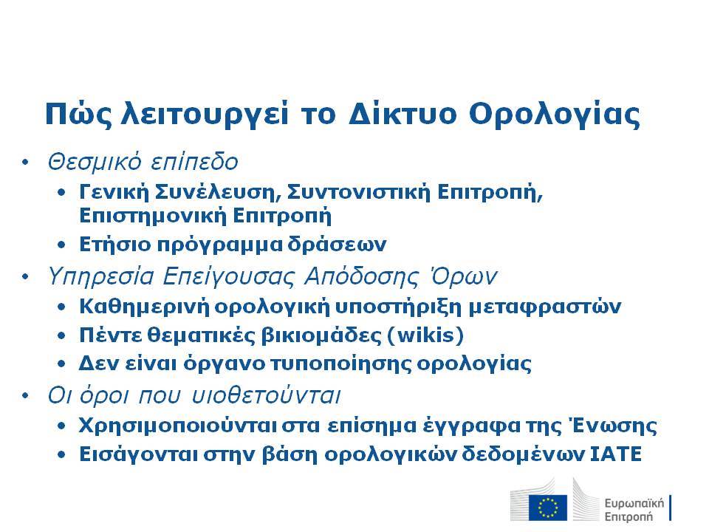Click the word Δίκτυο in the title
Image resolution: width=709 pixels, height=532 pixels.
pyautogui.click(x=403, y=113)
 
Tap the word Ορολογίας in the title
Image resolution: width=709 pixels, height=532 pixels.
pyautogui.click(x=555, y=114)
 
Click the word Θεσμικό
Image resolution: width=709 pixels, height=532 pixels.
pyautogui.click(x=95, y=162)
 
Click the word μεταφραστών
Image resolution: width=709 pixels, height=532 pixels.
pyautogui.click(x=544, y=307)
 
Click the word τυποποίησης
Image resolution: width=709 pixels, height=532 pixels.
pyautogui.click(x=341, y=364)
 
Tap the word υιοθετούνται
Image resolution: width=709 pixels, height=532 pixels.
pyautogui.click(x=266, y=395)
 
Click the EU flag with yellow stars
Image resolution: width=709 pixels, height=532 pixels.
pyautogui.click(x=548, y=508)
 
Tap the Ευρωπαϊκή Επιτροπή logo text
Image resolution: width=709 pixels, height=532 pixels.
pyautogui.click(x=634, y=510)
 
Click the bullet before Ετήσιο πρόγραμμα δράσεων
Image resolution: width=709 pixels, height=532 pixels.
pyautogui.click(x=61, y=245)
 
